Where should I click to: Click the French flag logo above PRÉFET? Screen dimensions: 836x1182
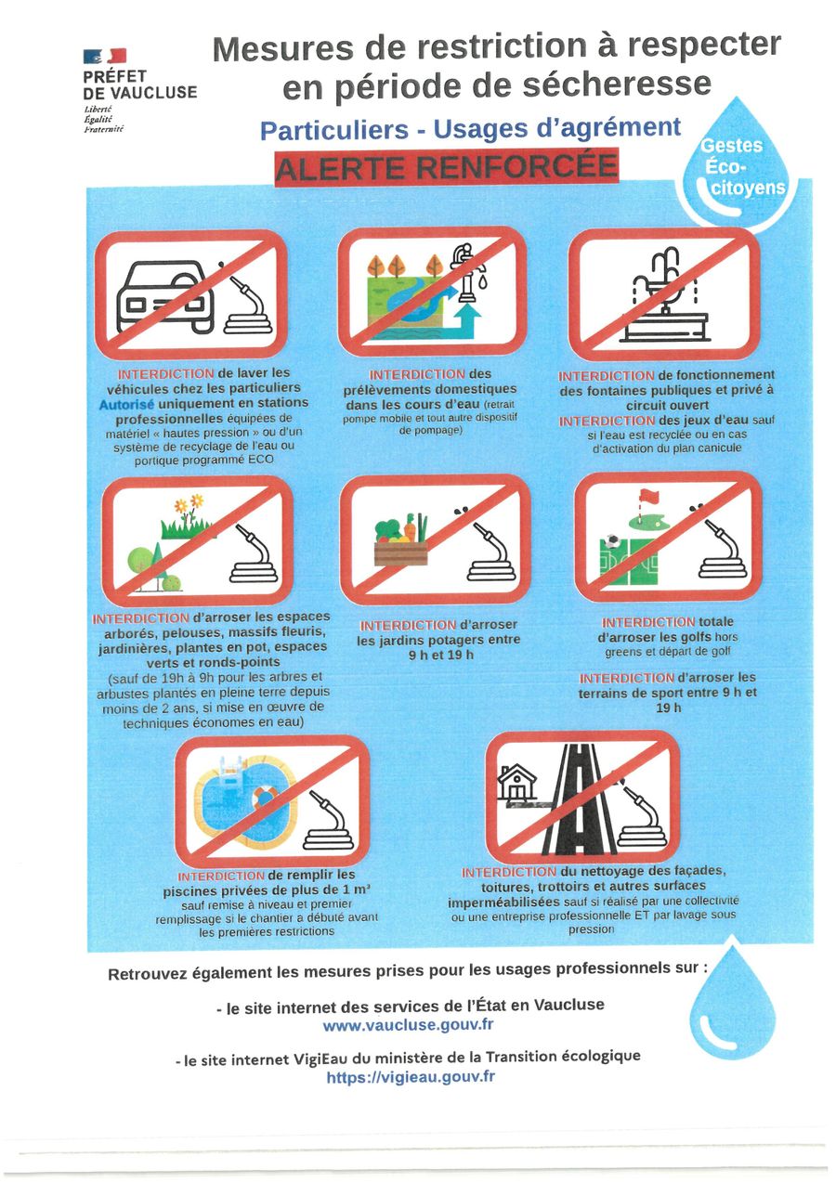click(x=104, y=56)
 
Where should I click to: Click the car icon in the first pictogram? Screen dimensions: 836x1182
click(x=165, y=297)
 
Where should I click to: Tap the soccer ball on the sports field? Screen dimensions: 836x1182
click(x=611, y=541)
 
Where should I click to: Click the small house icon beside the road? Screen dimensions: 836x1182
click(x=517, y=783)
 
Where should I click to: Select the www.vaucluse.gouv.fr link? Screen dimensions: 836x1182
click(x=408, y=1025)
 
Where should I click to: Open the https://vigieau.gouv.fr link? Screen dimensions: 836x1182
click(x=411, y=1076)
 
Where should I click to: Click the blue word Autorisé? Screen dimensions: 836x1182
click(x=126, y=405)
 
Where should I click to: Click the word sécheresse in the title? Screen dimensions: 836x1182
click(x=617, y=84)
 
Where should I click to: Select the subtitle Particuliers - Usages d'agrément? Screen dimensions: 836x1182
click(x=470, y=129)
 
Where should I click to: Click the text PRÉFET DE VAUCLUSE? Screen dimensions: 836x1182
click(x=140, y=84)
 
